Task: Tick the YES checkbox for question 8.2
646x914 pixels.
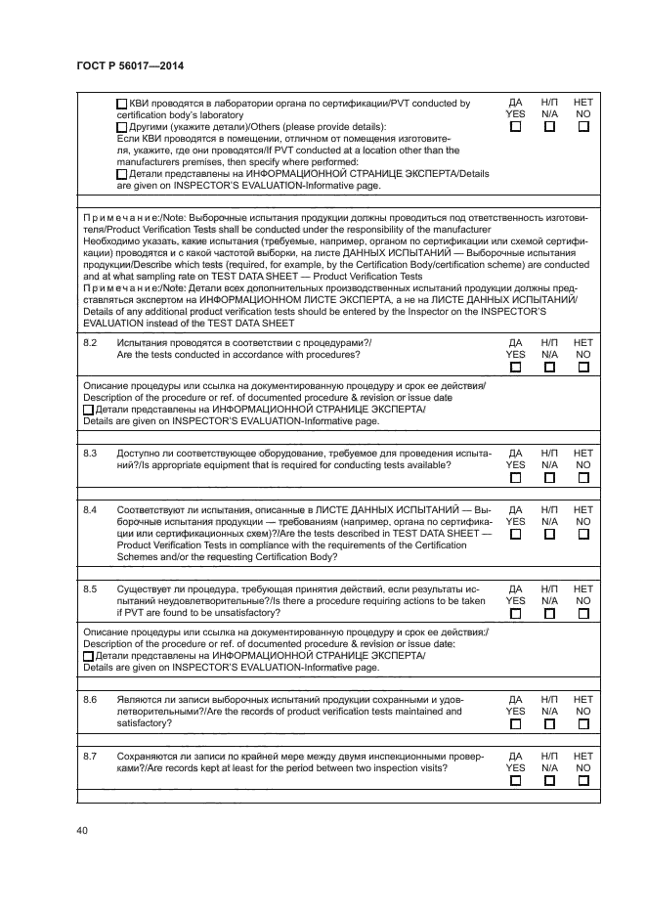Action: point(515,368)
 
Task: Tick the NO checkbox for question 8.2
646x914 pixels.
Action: point(583,368)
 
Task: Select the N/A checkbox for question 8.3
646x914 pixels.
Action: point(549,479)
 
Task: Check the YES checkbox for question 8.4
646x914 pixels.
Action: point(515,535)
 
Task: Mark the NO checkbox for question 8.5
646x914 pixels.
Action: point(583,614)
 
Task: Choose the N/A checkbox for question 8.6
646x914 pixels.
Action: point(549,724)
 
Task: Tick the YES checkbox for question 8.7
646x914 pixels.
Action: point(515,781)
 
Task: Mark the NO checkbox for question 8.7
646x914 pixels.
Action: point(583,781)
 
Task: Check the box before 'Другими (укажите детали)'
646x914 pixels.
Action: point(121,127)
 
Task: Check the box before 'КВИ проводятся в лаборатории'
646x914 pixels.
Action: point(121,104)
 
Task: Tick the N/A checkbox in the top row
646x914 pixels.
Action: point(549,127)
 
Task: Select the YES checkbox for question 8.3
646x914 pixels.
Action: point(515,479)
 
